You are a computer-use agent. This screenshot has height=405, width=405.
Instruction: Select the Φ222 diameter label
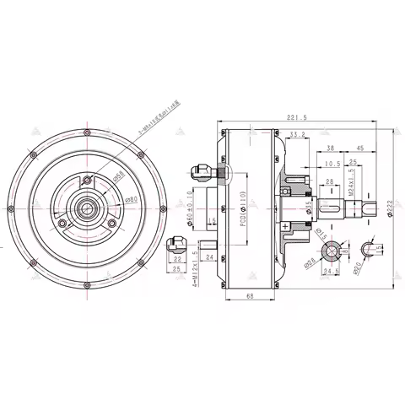[391, 208]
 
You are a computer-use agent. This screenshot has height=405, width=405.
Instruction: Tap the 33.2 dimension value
[297, 134]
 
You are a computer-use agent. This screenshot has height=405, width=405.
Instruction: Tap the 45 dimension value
[360, 148]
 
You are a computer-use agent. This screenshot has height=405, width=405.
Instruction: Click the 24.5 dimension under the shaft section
[330, 272]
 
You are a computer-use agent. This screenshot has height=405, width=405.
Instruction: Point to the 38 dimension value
[329, 148]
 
